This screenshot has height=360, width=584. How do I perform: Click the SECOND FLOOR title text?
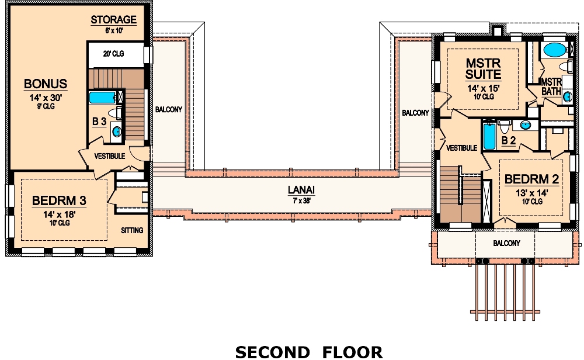pos(308,351)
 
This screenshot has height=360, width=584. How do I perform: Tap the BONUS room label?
pos(46,84)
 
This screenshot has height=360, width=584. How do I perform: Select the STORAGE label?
pos(113,20)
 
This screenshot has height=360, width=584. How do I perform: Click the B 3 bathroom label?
pos(99,122)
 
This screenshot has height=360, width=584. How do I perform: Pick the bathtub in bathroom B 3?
pos(103,98)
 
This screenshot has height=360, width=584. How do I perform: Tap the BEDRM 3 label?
pos(59,201)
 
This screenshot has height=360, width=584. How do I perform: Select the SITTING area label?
pos(132,230)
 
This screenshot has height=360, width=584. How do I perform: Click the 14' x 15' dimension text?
pos(483,89)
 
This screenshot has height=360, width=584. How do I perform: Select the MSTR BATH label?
pos(551,86)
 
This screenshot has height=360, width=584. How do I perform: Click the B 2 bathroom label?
pos(509,140)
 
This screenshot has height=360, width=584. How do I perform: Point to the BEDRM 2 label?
pos(531,179)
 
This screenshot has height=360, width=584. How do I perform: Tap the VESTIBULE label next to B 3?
pos(110,156)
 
